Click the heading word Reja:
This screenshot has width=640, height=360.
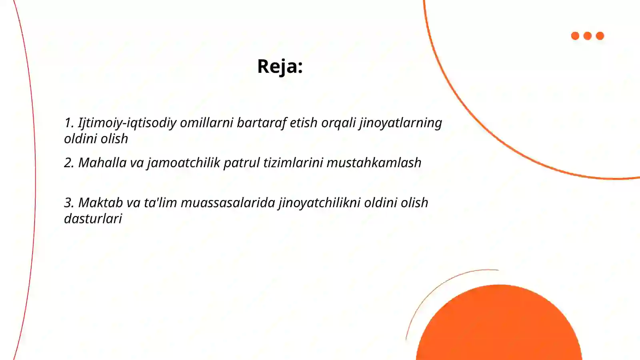tap(280, 66)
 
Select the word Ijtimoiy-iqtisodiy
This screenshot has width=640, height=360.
tap(127, 123)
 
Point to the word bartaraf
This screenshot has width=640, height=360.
tap(261, 123)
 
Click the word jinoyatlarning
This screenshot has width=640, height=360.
tap(400, 123)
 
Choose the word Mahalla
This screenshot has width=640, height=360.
tap(102, 163)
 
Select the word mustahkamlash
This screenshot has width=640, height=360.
tap(374, 163)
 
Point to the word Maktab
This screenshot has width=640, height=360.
tap(100, 203)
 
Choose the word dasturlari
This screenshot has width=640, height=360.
tap(93, 219)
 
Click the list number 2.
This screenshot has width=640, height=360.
tap(69, 163)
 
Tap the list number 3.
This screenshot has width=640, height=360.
tap(69, 203)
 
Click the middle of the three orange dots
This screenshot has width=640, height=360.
tap(588, 36)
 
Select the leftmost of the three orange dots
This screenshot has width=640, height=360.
tap(575, 36)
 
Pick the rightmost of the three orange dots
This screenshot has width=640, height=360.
tap(600, 36)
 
